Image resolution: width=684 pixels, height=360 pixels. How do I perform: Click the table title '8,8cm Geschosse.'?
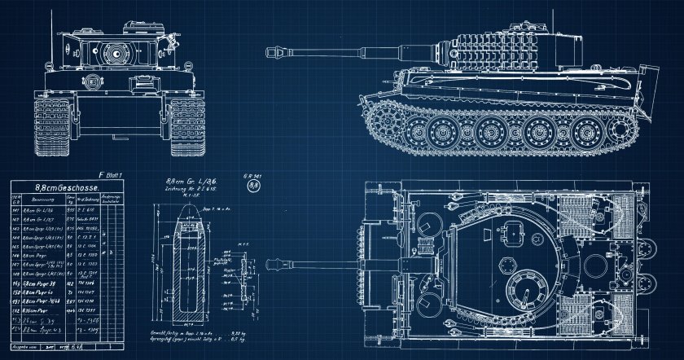tap(68, 187)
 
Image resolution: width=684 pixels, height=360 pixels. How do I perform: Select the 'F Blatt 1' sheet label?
tap(110, 174)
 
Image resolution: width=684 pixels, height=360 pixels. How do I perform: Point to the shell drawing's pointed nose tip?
tap(190, 202)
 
